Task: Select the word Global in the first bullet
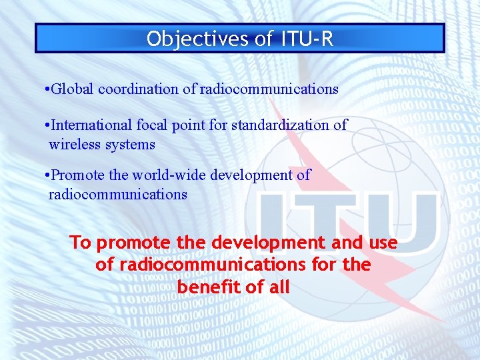tap(71, 89)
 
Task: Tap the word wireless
tap(74, 144)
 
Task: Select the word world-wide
tap(169, 175)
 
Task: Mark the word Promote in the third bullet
tap(75, 175)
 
